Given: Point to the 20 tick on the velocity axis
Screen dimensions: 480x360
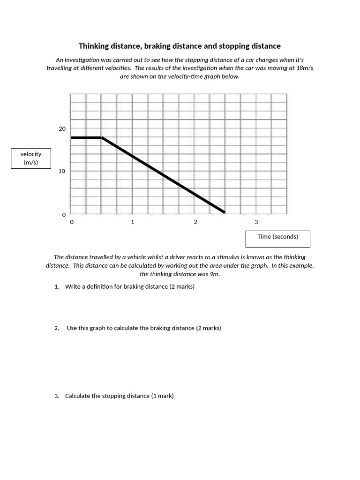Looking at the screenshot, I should tap(62, 129).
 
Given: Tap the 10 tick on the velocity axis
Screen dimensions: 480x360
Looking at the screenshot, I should tap(62, 171).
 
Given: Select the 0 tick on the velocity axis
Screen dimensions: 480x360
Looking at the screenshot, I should tap(64, 215).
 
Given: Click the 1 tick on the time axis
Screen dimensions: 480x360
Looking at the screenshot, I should tap(133, 222).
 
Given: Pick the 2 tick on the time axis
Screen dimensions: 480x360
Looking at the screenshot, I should tap(195, 222).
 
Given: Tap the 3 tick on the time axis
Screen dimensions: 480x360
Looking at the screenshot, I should tap(256, 222).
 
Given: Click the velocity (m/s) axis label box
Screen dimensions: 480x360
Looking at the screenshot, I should tap(31, 158).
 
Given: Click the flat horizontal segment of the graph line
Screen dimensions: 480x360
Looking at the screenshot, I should tap(86, 138).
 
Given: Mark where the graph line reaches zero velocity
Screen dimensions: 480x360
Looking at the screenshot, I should tap(225, 212).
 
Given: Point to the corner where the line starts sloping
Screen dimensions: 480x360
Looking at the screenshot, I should tap(102, 138).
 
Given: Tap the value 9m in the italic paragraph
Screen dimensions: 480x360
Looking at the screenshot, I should tap(214, 274).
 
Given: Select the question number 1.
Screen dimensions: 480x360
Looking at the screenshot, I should tap(56, 287).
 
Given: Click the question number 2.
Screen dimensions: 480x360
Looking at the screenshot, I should tap(56, 328).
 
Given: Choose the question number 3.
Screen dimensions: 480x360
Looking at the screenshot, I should tap(56, 396).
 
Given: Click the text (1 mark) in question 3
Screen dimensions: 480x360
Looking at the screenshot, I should tap(162, 396).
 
